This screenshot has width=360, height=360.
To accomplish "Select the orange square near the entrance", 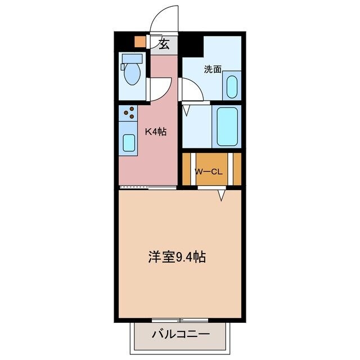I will point(139,41).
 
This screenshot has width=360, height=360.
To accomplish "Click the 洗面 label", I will point(213,69).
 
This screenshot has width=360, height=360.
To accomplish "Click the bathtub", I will point(227,126).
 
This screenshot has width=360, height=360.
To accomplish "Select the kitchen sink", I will point(129,143).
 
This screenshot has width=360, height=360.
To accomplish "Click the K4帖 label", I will point(156,132).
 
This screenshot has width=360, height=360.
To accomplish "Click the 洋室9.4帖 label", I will point(177,257).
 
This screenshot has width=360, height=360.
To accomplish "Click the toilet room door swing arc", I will point(159,89).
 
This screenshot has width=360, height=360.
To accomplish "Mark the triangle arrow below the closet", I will point(222,195).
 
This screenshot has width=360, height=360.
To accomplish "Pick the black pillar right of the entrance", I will point(193,45).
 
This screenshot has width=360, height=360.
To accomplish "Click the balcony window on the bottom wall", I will point(179,319).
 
